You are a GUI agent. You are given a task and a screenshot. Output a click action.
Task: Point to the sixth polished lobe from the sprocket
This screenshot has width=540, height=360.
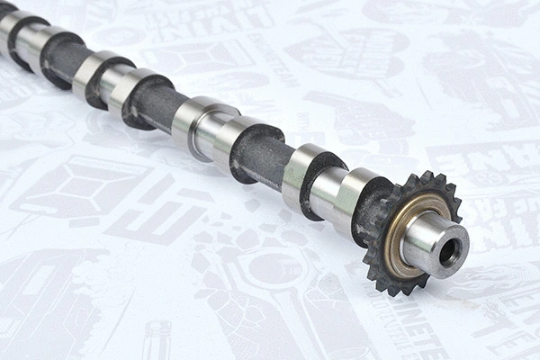point(91,72)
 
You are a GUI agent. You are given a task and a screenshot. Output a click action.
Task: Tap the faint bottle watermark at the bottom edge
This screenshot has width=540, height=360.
point(158,341)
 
